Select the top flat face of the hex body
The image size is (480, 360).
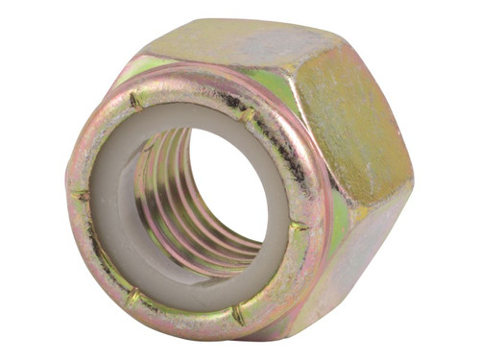[230, 43]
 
